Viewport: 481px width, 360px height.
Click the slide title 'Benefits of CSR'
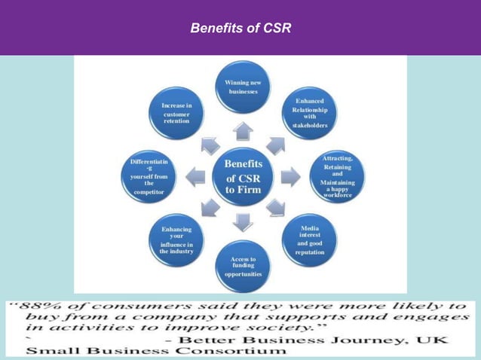click(x=240, y=29)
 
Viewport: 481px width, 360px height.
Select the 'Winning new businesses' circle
click(x=242, y=87)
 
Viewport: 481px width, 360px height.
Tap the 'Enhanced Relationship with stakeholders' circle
click(x=310, y=113)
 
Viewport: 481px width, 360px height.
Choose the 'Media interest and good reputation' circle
click(x=310, y=239)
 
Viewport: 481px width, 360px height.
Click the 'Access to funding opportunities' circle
click(x=243, y=267)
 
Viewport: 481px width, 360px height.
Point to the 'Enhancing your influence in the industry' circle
click(x=176, y=240)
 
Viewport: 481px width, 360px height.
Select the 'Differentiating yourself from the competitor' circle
click(x=149, y=177)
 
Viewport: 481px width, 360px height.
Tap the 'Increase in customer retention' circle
click(x=176, y=114)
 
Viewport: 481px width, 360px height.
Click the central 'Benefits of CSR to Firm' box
click(x=244, y=177)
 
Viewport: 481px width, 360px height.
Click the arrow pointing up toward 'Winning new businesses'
click(x=243, y=132)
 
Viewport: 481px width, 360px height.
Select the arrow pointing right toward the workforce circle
click(x=290, y=178)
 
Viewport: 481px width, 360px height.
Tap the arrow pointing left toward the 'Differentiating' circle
click(x=196, y=178)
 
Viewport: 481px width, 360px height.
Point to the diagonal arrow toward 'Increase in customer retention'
click(x=210, y=145)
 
